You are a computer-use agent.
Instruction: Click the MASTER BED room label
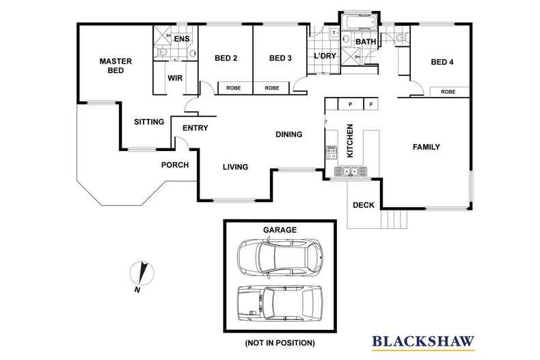(x=115, y=65)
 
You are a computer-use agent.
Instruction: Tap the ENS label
(x=181, y=39)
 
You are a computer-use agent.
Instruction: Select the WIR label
(x=175, y=78)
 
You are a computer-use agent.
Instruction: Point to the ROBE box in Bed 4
(x=448, y=92)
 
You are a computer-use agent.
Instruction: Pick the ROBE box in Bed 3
(x=272, y=88)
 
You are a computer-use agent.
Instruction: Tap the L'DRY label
(x=325, y=56)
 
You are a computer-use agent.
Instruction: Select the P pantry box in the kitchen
(x=349, y=105)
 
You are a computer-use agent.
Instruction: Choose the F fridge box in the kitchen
(x=371, y=105)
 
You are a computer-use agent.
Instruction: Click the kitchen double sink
(x=351, y=171)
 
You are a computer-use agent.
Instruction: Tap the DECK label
(x=363, y=205)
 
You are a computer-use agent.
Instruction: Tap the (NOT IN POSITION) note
(x=280, y=341)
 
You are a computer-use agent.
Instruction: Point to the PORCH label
(x=174, y=165)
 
